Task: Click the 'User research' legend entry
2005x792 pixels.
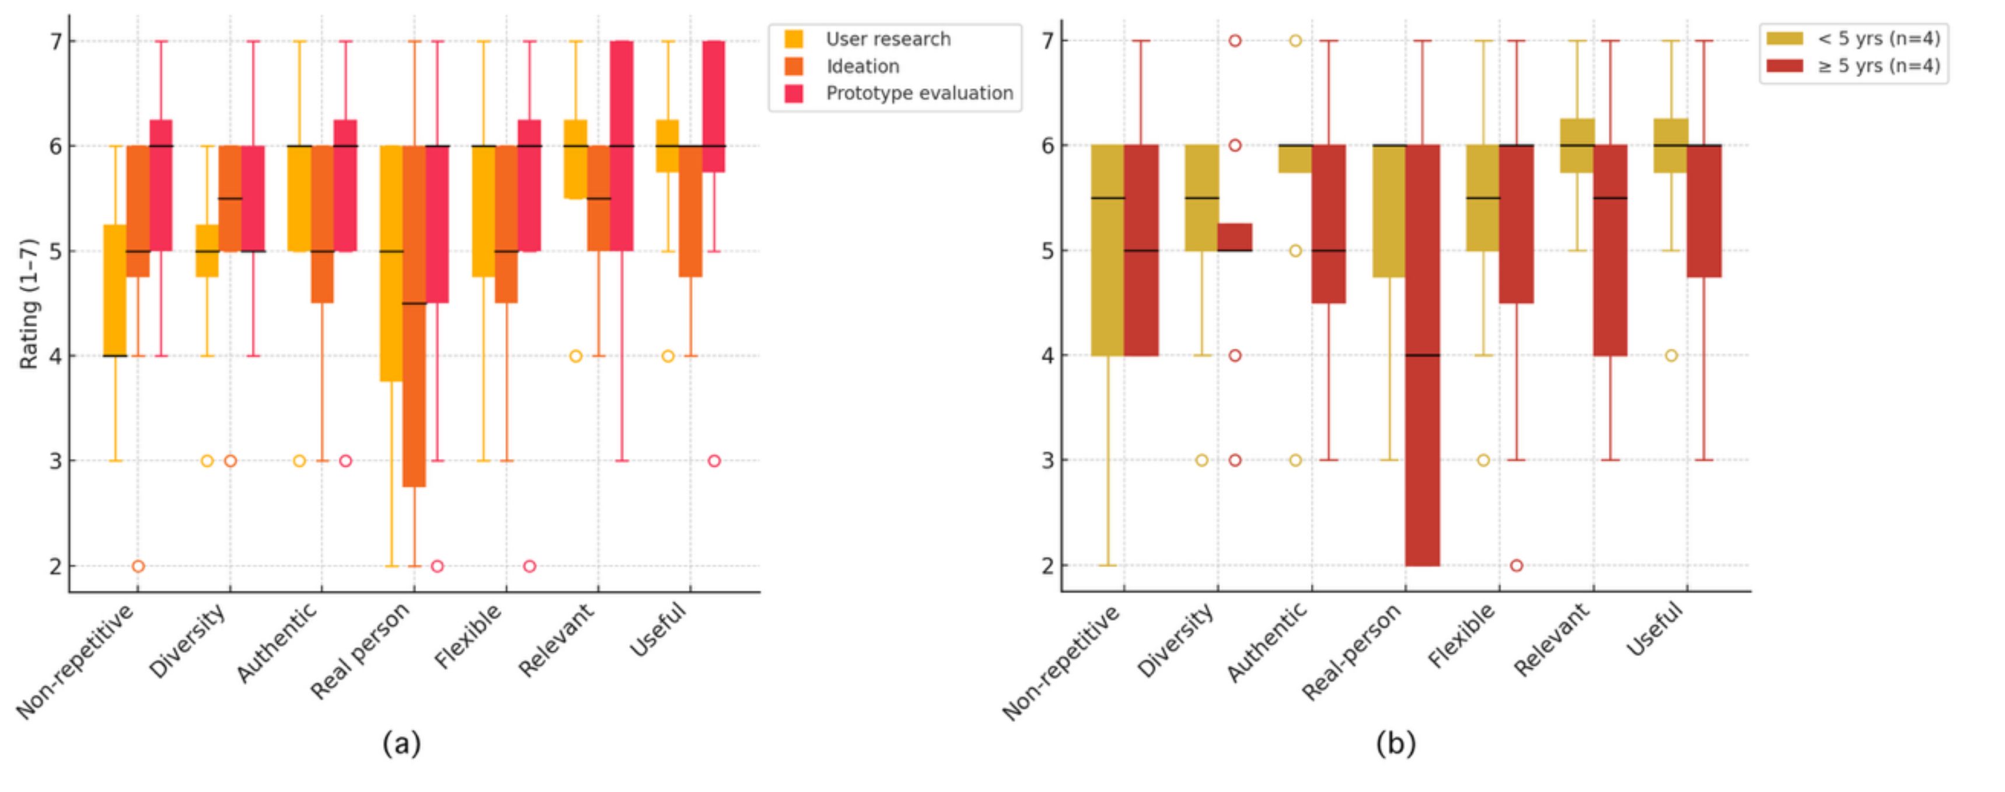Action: pyautogui.click(x=888, y=39)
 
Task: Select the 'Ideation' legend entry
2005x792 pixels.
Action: pyautogui.click(x=862, y=66)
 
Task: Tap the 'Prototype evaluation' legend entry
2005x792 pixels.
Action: pyautogui.click(x=919, y=93)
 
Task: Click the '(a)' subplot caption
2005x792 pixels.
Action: pyautogui.click(x=401, y=744)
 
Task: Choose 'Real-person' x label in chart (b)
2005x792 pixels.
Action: pyautogui.click(x=1353, y=651)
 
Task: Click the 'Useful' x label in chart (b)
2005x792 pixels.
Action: pyautogui.click(x=1656, y=629)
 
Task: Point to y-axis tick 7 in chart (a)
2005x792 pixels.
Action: pyautogui.click(x=55, y=41)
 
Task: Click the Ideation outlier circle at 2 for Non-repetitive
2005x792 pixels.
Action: pyautogui.click(x=138, y=566)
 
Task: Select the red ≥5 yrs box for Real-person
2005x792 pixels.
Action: pyautogui.click(x=1422, y=355)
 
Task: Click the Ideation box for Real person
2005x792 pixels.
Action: pyautogui.click(x=414, y=315)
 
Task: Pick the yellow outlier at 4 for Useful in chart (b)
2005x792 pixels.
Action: pyautogui.click(x=1671, y=356)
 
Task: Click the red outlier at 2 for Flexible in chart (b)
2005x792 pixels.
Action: pyautogui.click(x=1516, y=565)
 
